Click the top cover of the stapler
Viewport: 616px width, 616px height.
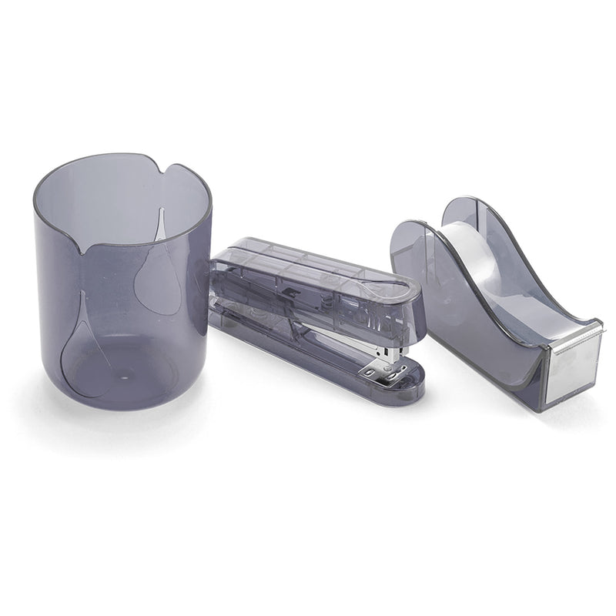308,266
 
